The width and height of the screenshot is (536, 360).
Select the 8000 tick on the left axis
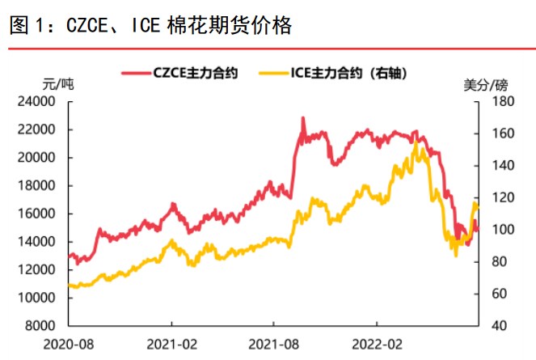point(41,326)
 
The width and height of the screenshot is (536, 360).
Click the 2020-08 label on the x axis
point(69,344)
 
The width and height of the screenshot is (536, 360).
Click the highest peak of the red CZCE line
point(303,118)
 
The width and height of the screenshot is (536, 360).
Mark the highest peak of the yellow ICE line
point(415,143)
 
